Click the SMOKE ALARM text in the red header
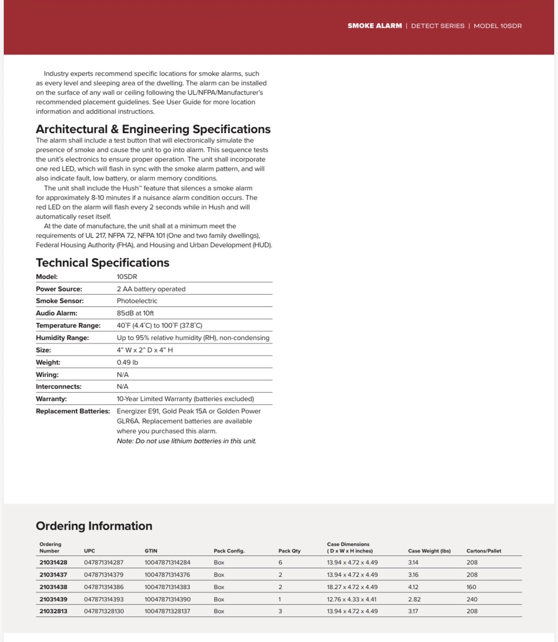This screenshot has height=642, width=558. pyautogui.click(x=374, y=26)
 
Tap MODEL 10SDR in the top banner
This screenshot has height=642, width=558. pyautogui.click(x=497, y=26)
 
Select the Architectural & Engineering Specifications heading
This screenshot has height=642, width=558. pyautogui.click(x=153, y=129)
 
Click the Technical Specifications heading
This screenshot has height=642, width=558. pyautogui.click(x=102, y=263)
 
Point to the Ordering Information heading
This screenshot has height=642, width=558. pyautogui.click(x=94, y=526)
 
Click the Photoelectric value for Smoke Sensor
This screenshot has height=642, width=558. pyautogui.click(x=137, y=301)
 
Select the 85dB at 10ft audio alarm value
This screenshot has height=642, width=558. pyautogui.click(x=135, y=313)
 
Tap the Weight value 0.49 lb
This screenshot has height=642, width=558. pyautogui.click(x=127, y=363)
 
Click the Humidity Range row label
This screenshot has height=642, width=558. pyautogui.click(x=62, y=338)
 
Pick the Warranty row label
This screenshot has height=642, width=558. pyautogui.click(x=51, y=399)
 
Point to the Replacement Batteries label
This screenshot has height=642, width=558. pyautogui.click(x=72, y=411)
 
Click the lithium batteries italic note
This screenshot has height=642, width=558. pyautogui.click(x=186, y=441)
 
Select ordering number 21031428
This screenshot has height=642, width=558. pyautogui.click(x=53, y=562)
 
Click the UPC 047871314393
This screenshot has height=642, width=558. pyautogui.click(x=104, y=599)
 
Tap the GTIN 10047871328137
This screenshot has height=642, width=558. pyautogui.click(x=167, y=611)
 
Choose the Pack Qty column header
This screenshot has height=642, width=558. pyautogui.click(x=289, y=551)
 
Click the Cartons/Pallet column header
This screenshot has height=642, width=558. pyautogui.click(x=483, y=551)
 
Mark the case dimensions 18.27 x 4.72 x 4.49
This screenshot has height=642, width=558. pyautogui.click(x=352, y=587)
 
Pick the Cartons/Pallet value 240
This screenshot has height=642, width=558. pyautogui.click(x=471, y=599)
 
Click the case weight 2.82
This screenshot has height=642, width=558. pyautogui.click(x=414, y=599)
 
